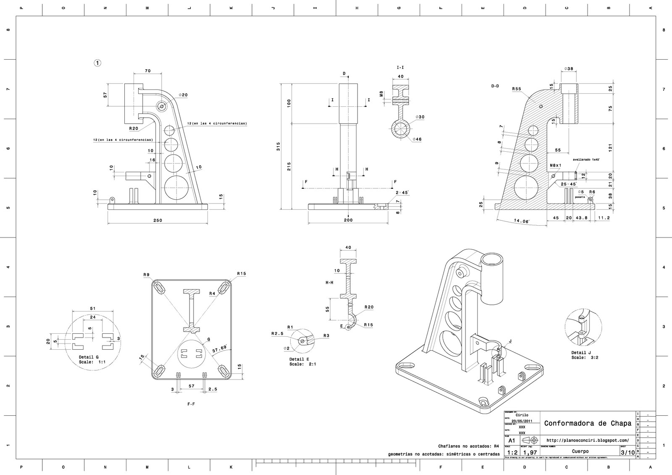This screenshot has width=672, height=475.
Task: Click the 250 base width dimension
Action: tap(157, 220)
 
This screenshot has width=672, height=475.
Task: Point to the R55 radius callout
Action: tap(517, 89)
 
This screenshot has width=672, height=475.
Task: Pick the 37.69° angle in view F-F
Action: tap(219, 349)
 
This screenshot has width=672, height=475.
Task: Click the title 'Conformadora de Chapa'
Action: tap(588, 423)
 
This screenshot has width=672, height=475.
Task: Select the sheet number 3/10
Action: tap(627, 452)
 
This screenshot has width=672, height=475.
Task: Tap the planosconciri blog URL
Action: tap(588, 440)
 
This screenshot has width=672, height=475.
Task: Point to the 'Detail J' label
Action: tap(581, 353)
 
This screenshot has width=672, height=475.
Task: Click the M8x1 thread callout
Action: tap(556, 166)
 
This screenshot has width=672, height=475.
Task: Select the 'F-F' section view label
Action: tap(191, 404)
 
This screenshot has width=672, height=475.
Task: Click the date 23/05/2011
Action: tap(522, 421)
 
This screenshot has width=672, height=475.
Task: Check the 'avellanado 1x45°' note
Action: tap(586, 160)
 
